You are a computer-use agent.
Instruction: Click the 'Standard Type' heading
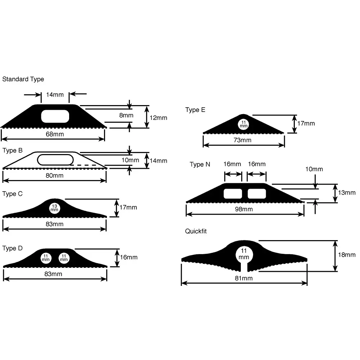tap(23, 79)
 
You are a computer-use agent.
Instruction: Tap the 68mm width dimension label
tap(55, 134)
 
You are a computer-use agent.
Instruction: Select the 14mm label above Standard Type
tap(55, 95)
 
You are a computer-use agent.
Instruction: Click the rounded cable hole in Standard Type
tap(55, 116)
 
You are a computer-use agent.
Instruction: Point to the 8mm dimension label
tap(126, 115)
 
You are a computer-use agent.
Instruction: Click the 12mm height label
tap(158, 118)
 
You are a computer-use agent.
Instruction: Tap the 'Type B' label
tap(12, 150)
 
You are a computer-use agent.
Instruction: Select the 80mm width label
tap(54, 175)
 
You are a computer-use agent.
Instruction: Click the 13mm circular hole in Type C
tap(54, 208)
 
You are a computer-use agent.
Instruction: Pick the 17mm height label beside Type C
tap(129, 207)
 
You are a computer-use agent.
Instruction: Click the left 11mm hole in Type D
tap(46, 258)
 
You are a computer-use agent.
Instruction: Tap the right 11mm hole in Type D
tap(64, 258)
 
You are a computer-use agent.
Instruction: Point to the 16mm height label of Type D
tap(129, 257)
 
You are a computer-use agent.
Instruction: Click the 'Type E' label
tap(195, 110)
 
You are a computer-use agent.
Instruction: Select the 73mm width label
tap(242, 140)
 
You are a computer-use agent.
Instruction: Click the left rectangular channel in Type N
tap(233, 194)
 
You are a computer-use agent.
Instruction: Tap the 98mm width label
tap(244, 209)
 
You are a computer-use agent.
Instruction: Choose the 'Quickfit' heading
tap(196, 231)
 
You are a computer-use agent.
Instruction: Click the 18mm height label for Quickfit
tap(347, 255)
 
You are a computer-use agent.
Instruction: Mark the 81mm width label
tap(244, 278)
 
